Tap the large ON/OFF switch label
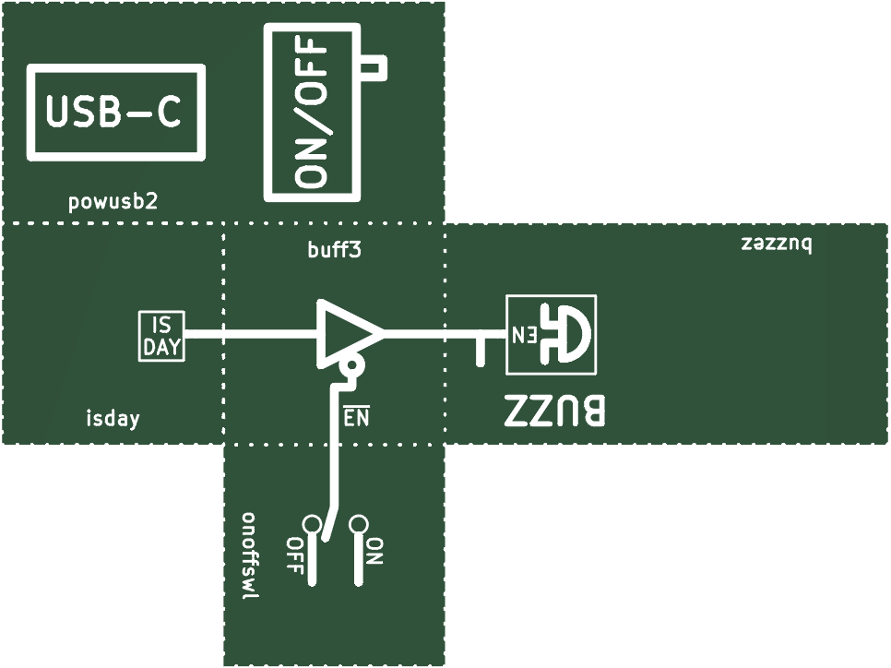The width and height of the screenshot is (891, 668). pos(311,113)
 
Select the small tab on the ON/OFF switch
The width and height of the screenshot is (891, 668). pos(374,68)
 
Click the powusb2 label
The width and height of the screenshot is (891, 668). pos(113,202)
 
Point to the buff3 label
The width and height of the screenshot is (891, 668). pos(334,249)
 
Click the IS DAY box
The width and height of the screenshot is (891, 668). pos(162,336)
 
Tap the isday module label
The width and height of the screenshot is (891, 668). pos(113,419)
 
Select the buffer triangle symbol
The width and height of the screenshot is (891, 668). pos(349,332)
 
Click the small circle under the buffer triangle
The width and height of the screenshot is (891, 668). pos(352,365)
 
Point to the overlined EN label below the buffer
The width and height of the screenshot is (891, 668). pos(356,417)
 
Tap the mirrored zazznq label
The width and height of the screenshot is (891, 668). pos(777,244)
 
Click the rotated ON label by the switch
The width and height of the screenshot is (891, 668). pos(374,551)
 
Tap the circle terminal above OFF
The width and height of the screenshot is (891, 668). pos(312,523)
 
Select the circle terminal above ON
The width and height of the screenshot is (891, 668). pos(359,523)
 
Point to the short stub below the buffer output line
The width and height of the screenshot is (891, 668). pos(481,351)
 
